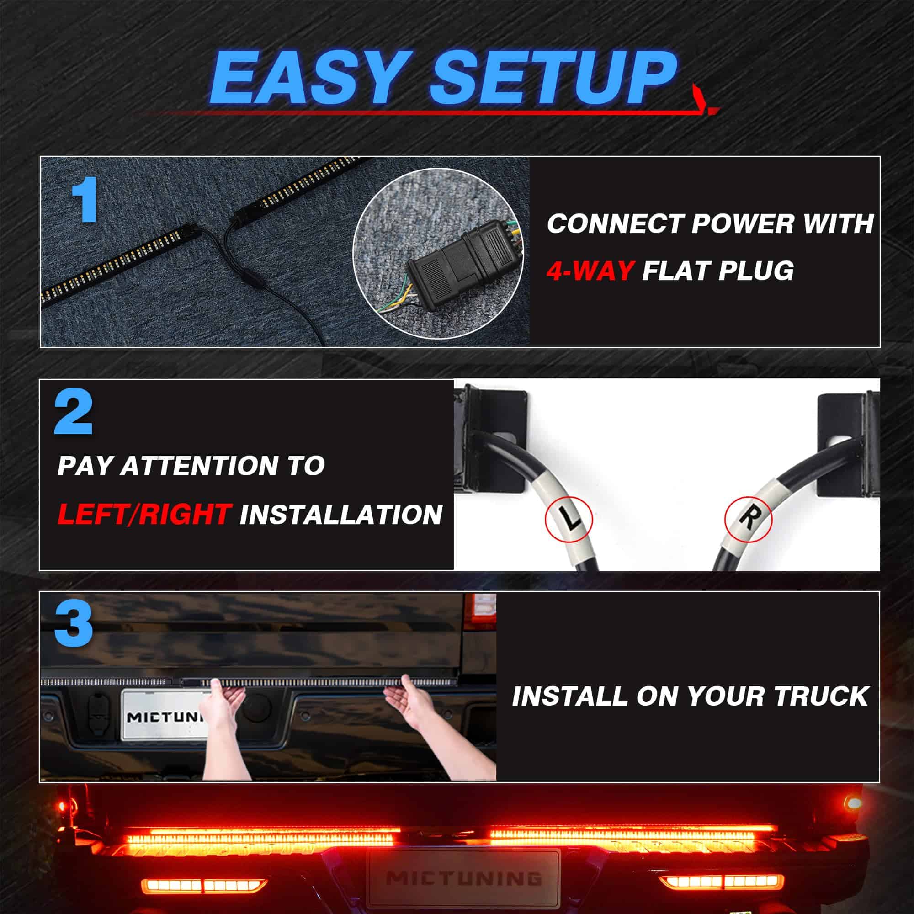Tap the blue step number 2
tap(73, 413)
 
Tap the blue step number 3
tap(73, 625)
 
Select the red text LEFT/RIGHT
tap(144, 514)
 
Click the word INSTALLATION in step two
tap(341, 514)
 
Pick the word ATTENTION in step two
tap(200, 466)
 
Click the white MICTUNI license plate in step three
tap(165, 715)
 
